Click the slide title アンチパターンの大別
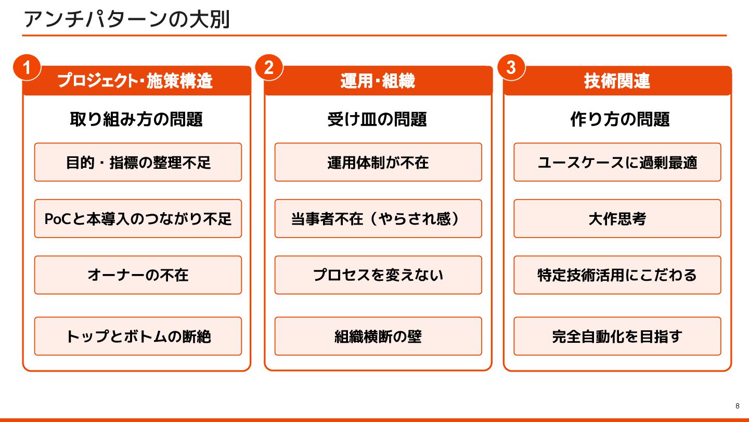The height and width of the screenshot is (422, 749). (126, 20)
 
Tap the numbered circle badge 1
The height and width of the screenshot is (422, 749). (27, 68)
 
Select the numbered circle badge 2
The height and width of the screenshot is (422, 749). (269, 68)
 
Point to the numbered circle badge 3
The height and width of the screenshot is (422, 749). (511, 68)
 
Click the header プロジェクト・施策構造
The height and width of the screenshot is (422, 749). (136, 81)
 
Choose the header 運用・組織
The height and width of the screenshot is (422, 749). (378, 81)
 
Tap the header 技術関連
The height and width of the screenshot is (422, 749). (617, 81)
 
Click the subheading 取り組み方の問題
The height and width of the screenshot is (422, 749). (136, 119)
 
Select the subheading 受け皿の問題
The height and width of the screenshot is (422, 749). (378, 119)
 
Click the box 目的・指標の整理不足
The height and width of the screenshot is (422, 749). (138, 163)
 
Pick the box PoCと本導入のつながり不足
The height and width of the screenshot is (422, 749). (138, 219)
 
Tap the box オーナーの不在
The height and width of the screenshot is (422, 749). (138, 275)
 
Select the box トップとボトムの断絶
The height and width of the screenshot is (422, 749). (138, 336)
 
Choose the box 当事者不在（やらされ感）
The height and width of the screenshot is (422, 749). (378, 219)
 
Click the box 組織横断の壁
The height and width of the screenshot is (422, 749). (378, 336)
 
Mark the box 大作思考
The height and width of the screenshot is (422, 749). (617, 219)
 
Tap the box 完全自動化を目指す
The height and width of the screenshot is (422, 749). (617, 336)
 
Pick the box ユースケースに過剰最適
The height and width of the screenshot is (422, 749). (617, 163)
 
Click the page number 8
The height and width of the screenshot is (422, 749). (737, 406)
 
